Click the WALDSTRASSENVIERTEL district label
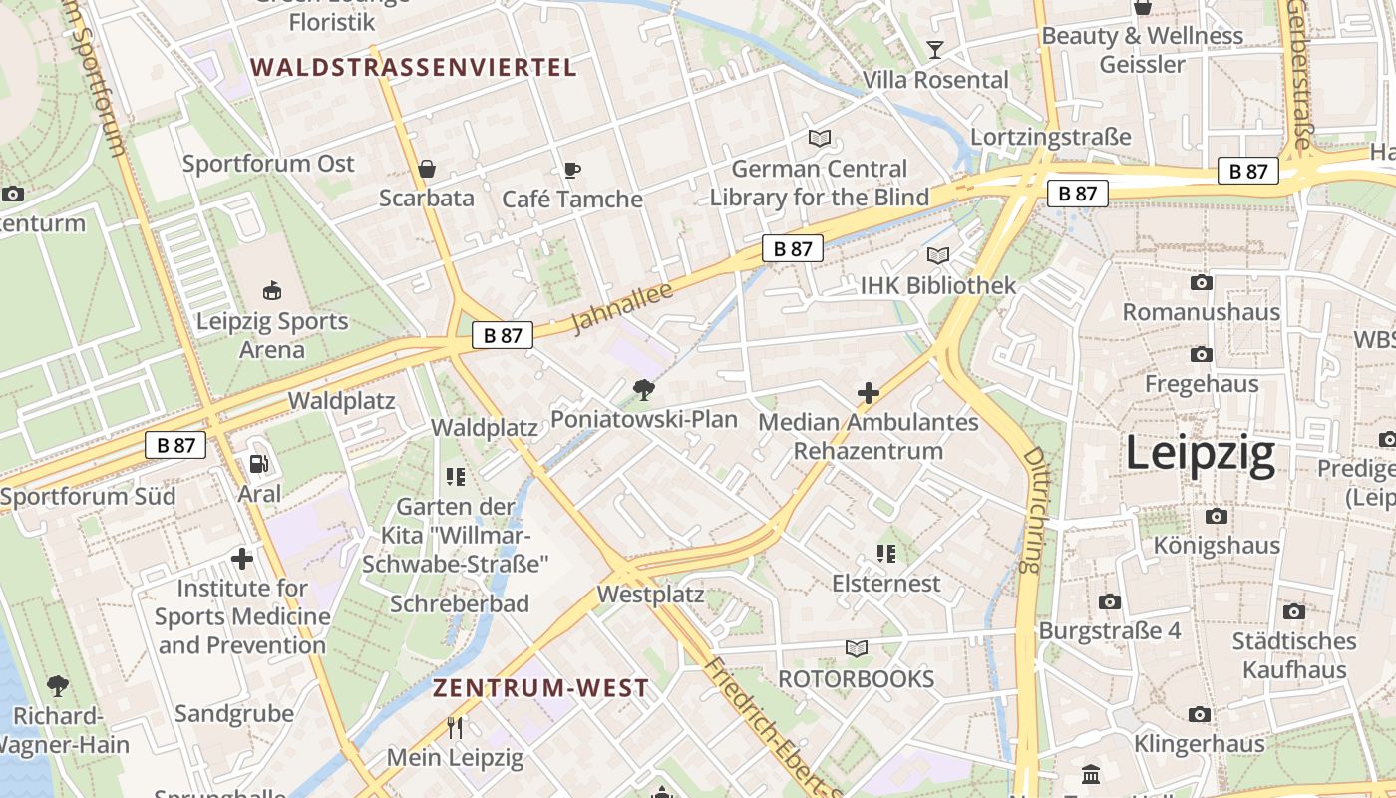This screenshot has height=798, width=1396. click(x=413, y=68)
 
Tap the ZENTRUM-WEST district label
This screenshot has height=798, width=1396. click(x=540, y=688)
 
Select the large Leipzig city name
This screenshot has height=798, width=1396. click(x=1200, y=454)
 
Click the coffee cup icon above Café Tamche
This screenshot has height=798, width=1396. click(x=571, y=170)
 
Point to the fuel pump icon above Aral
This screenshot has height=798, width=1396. click(x=258, y=464)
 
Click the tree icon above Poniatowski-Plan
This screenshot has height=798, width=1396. click(x=644, y=389)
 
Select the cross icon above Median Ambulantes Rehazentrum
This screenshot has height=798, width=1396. click(x=869, y=393)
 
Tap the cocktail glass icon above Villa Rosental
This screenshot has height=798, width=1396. click(x=935, y=50)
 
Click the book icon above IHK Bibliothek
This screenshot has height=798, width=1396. click(x=937, y=255)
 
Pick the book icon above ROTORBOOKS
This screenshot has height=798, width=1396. click(x=857, y=649)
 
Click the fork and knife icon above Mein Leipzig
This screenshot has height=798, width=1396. click(x=455, y=728)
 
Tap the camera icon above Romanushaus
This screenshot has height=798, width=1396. click(x=1201, y=283)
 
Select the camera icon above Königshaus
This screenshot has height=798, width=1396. click(x=1216, y=516)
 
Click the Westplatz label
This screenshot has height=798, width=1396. click(x=650, y=596)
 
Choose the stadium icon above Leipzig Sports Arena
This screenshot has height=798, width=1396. click(x=271, y=291)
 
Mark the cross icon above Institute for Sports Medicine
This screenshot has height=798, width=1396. click(x=241, y=559)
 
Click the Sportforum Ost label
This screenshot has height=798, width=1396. click(x=268, y=164)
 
